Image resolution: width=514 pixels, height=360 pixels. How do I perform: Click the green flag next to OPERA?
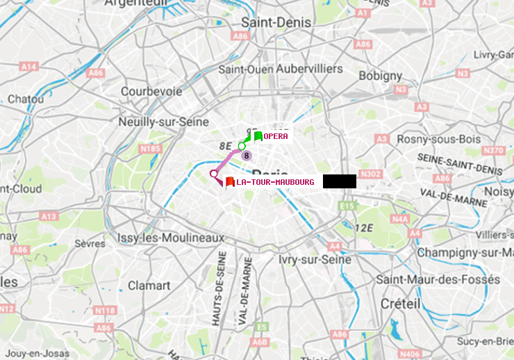click(x=258, y=136)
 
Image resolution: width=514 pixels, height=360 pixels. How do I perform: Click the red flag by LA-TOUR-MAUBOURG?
click(x=230, y=182)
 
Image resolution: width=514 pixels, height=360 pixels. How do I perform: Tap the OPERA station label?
click(x=276, y=137)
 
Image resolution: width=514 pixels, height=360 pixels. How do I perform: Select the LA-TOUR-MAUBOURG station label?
click(x=275, y=182)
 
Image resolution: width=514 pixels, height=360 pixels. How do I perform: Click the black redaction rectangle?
click(x=339, y=181)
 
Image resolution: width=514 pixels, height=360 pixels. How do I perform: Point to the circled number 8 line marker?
click(x=246, y=155)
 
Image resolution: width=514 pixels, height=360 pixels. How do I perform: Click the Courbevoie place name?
click(x=151, y=91)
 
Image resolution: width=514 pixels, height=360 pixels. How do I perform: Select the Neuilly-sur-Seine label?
click(x=164, y=122)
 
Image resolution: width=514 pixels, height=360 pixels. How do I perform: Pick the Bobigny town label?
click(x=380, y=75)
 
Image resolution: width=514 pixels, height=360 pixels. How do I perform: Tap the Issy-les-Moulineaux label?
click(x=171, y=238)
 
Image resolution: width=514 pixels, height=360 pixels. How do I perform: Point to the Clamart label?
click(x=149, y=286)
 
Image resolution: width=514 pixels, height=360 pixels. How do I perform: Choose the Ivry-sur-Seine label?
click(x=315, y=259)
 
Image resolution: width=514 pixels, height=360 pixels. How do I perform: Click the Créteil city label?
click(x=400, y=304)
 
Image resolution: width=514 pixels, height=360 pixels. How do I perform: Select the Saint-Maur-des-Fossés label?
click(x=438, y=279)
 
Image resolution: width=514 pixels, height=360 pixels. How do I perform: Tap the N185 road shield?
click(x=150, y=148)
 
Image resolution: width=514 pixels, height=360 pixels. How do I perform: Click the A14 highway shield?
click(x=28, y=66)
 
